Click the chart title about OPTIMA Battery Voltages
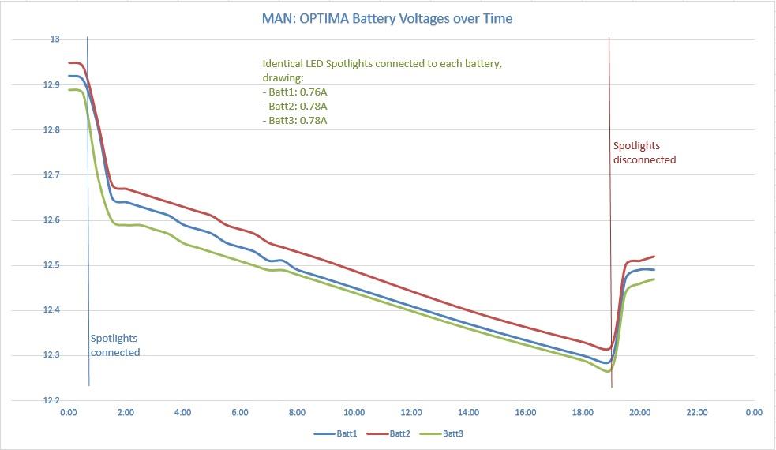point(387,18)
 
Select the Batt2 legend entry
point(393,433)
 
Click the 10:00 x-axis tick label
point(354,413)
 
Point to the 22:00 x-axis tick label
point(696,413)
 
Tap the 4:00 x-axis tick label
point(182,413)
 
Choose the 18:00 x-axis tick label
point(582,413)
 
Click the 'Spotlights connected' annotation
point(115,345)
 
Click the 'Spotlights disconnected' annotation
point(644,152)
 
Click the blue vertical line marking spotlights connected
point(88,237)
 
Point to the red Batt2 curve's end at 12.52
point(654,257)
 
